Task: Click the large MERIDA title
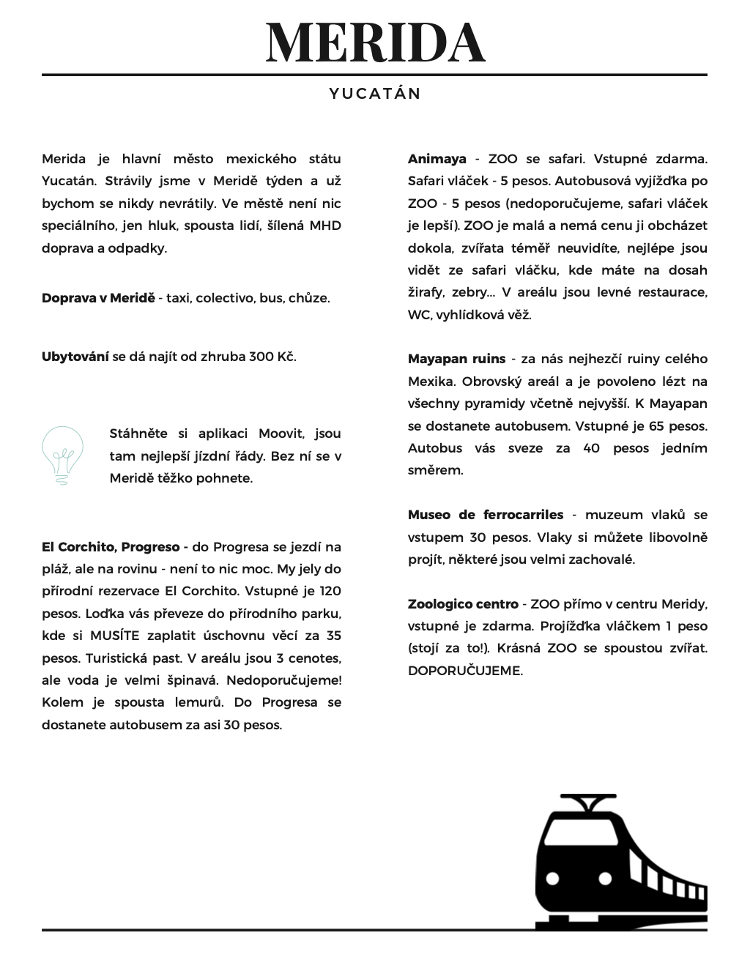(375, 42)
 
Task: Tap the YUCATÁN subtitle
(375, 94)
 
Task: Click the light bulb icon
(62, 455)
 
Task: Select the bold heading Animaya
(437, 159)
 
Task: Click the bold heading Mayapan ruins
(456, 359)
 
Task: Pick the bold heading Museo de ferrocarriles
(486, 515)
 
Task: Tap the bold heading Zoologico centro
(462, 604)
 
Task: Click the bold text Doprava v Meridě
(98, 298)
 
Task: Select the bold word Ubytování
(75, 357)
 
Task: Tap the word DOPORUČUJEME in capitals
(465, 671)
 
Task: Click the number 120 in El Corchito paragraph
(331, 591)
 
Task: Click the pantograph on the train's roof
(587, 803)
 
